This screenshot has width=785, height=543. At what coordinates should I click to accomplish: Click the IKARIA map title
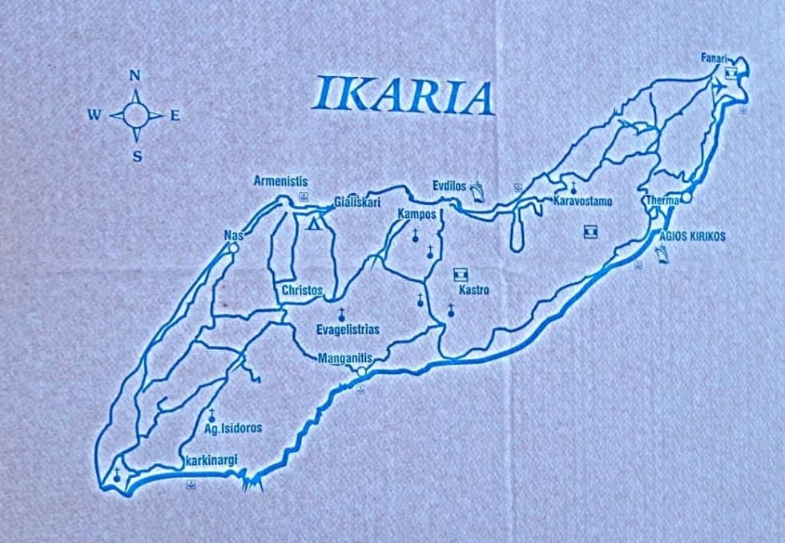point(402,95)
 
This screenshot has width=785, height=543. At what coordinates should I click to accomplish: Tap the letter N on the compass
point(135,76)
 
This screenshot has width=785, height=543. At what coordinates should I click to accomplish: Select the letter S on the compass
point(137,157)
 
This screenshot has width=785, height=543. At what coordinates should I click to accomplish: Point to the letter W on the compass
point(94,115)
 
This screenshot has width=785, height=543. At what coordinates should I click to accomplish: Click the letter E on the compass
point(175,115)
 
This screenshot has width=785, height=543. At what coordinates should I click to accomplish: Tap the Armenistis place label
point(280,182)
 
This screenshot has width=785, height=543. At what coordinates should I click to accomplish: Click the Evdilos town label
point(449,186)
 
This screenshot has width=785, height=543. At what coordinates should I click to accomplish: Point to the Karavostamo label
point(583,201)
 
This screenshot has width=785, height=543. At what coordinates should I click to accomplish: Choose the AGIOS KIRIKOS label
point(692,237)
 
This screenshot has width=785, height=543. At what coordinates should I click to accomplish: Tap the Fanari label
point(713,58)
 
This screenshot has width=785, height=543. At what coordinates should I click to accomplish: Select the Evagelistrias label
point(348,329)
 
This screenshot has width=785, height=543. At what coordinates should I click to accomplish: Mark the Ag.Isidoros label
point(232,428)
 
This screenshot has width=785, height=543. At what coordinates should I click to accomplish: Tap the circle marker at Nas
point(233,248)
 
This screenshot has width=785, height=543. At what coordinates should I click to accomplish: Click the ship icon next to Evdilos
point(478,191)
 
